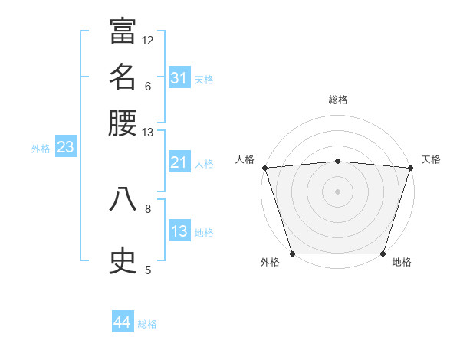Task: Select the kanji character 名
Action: pos(123,77)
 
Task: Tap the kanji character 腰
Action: pos(123,123)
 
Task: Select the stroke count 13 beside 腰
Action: pos(148,133)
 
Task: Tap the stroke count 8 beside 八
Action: pos(148,208)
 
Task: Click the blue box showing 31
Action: pos(179,78)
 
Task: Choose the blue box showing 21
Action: pos(179,162)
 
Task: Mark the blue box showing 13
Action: pos(179,231)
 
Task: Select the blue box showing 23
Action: pos(65,147)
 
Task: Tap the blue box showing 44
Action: pos(122,322)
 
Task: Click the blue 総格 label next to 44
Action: pos(147,324)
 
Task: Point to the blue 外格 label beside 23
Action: pos(41,149)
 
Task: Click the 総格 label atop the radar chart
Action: pos(337,100)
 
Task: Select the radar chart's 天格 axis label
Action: pos(431,159)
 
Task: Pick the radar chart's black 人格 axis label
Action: pos(245,159)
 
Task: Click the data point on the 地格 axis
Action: pos(383,254)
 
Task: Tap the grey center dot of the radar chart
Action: pos(337,191)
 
